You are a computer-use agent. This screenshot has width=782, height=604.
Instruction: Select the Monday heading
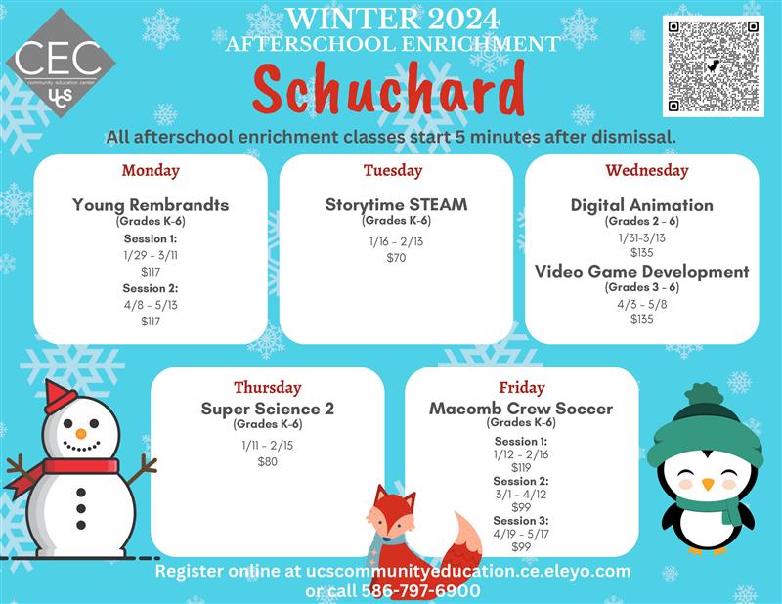(x=151, y=171)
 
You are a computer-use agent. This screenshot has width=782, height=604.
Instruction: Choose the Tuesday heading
(x=393, y=171)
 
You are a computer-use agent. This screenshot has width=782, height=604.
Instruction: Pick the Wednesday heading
(x=646, y=171)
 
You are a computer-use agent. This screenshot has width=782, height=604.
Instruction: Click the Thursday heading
(x=267, y=388)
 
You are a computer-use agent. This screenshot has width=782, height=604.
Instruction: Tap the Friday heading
(x=521, y=388)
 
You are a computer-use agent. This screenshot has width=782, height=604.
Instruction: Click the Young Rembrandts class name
(x=151, y=205)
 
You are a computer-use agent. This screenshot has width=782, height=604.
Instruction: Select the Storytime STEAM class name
(x=396, y=205)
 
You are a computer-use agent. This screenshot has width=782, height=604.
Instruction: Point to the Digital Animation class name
(x=642, y=205)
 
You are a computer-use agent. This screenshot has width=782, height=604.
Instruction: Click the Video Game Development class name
(x=642, y=272)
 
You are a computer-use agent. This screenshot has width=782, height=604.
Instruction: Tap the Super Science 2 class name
(x=268, y=409)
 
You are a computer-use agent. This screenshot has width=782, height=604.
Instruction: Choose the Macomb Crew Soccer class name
(x=521, y=409)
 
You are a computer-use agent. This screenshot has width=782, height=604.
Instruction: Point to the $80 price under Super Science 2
(x=267, y=461)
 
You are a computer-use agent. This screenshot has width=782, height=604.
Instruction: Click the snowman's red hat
(x=60, y=396)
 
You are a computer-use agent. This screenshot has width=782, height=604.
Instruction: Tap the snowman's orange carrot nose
(x=80, y=432)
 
